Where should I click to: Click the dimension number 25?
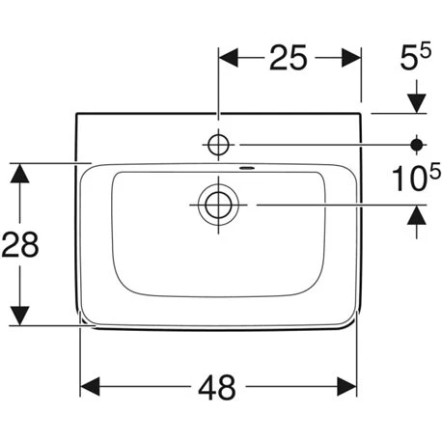point(289,58)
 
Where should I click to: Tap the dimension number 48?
point(217,387)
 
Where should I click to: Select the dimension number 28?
point(20,244)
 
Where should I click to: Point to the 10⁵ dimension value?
point(416,177)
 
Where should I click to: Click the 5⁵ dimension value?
point(415,57)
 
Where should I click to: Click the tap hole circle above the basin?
point(218,145)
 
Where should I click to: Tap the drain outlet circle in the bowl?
point(218,205)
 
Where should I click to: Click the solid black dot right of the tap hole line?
point(417,145)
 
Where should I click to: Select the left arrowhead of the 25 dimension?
point(229,58)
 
